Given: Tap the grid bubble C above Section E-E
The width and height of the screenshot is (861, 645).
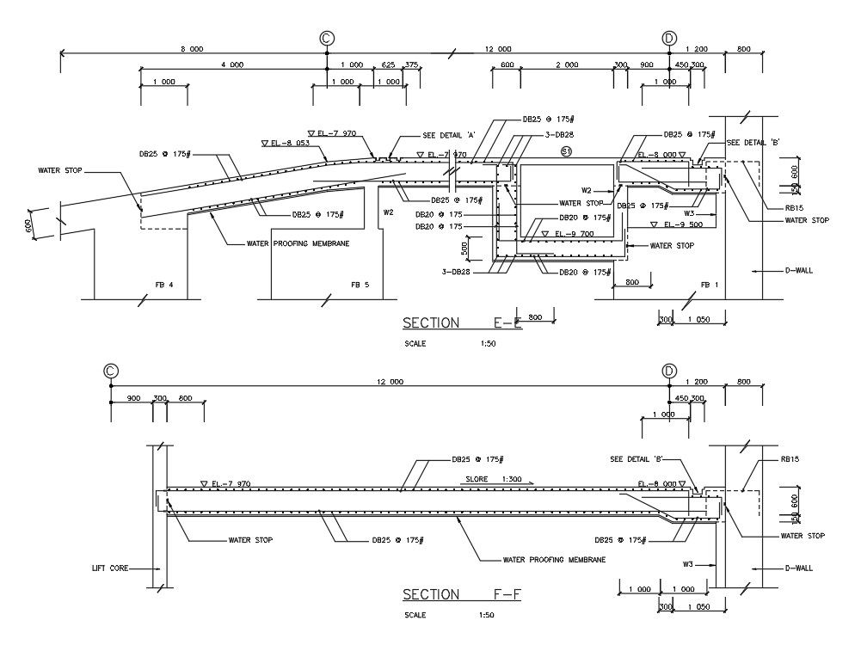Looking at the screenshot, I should (326, 38).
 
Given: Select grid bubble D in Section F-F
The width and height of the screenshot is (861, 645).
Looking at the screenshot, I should (669, 371).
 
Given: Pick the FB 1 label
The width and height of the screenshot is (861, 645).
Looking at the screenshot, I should (709, 285).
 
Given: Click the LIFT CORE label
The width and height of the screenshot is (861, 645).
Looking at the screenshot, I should (110, 568).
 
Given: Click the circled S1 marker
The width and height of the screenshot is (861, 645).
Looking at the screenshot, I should (566, 151).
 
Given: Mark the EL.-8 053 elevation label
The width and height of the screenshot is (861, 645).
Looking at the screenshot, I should (286, 143).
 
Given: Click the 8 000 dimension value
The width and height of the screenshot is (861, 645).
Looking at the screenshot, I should (192, 49).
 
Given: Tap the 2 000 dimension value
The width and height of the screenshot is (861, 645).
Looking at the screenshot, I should (567, 65).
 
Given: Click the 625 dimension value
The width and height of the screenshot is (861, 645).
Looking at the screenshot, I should (388, 65).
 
